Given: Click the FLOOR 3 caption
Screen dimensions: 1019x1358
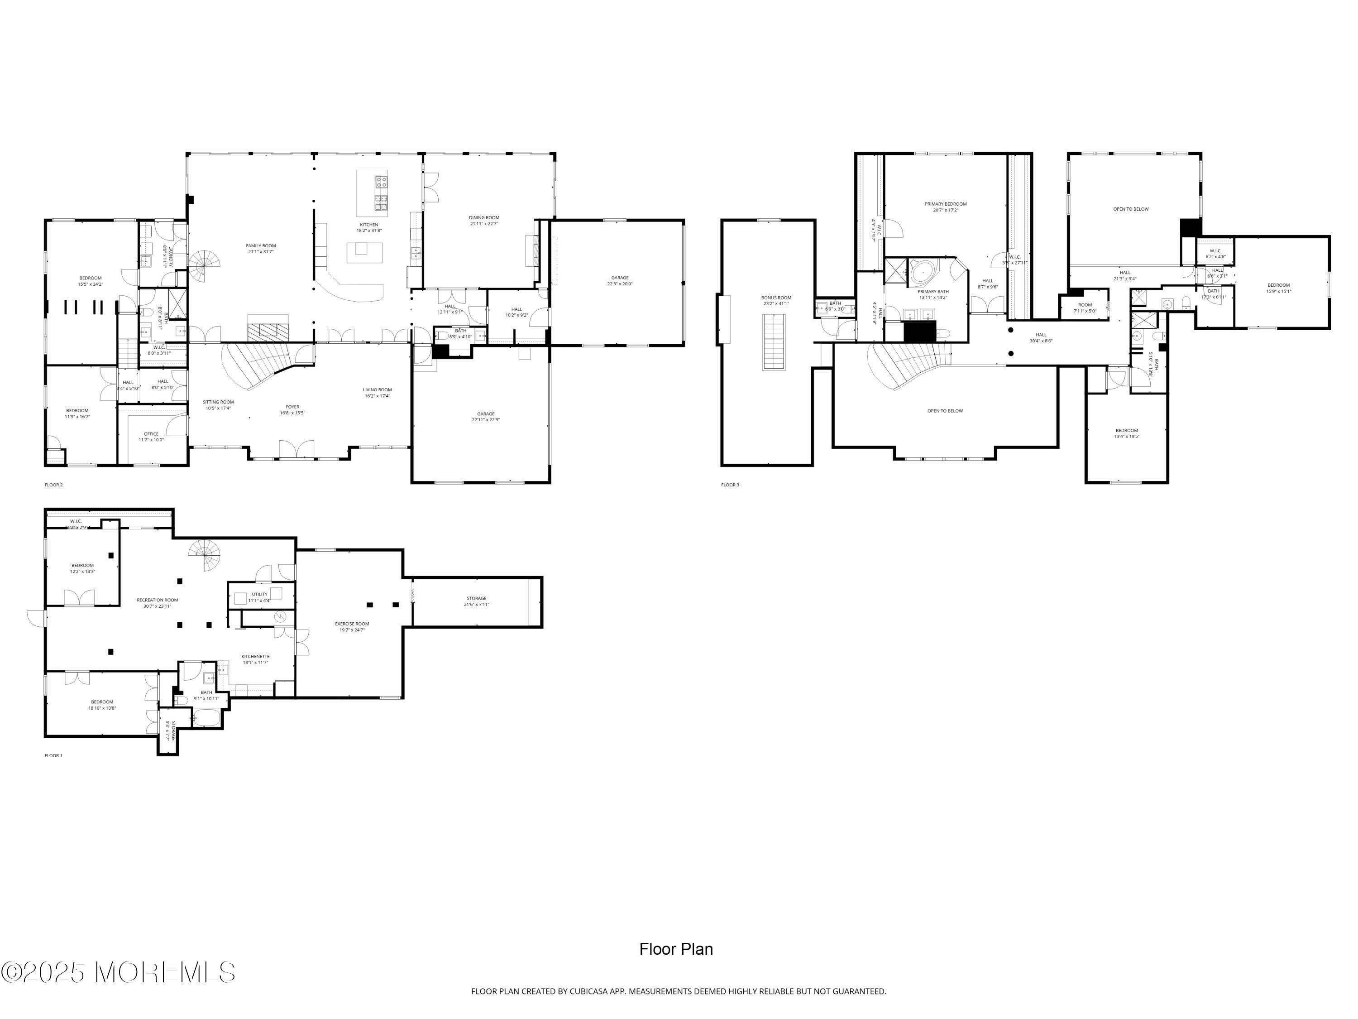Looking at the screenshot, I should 730,485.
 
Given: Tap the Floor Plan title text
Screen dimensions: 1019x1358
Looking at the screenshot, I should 676,949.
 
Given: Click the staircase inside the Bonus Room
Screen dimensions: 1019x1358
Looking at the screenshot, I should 774,342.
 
